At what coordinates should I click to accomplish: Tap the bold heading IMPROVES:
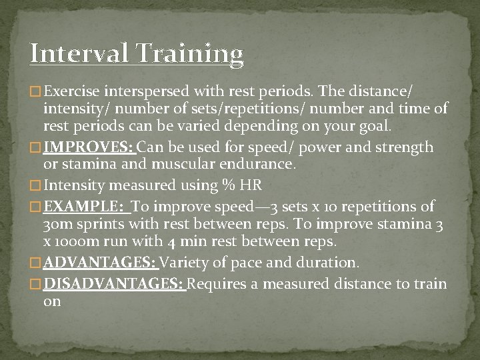(x=88, y=147)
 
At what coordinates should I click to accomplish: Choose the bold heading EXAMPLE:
(x=85, y=206)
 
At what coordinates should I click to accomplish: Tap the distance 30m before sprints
(x=57, y=223)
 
